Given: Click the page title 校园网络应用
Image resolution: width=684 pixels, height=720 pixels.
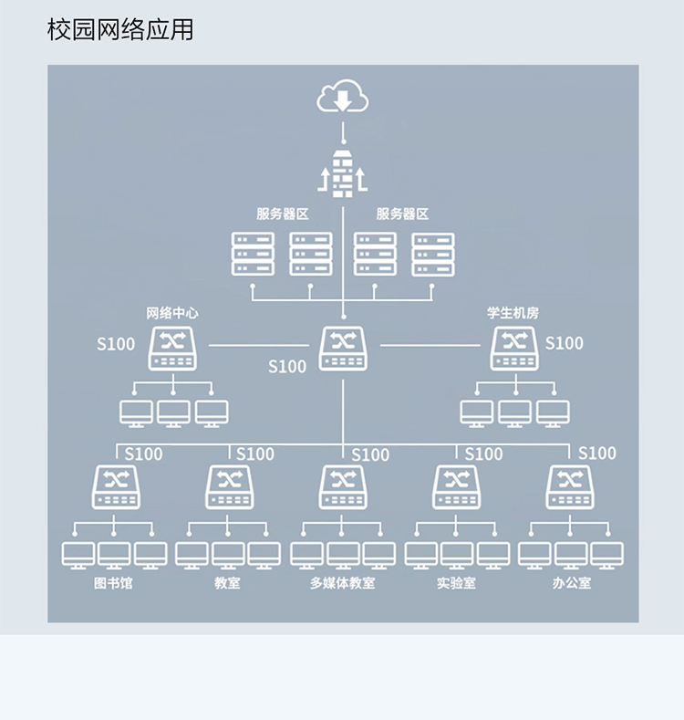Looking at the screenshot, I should tap(120, 29).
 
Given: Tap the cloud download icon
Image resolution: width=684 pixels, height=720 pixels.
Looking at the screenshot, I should tap(342, 97).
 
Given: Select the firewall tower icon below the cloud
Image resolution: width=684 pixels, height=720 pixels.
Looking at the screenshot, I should tap(342, 172).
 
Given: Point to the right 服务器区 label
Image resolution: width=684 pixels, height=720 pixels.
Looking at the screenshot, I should tap(402, 214).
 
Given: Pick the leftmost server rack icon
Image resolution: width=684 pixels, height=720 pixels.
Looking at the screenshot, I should tap(253, 254).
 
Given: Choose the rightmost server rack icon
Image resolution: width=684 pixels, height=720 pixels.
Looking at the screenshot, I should tap(432, 254).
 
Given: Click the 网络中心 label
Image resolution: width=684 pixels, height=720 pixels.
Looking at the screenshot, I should tap(172, 313).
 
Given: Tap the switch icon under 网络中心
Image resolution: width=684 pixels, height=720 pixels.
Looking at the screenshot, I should tap(172, 348).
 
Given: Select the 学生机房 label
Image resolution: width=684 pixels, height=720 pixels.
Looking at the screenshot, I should tap(513, 313).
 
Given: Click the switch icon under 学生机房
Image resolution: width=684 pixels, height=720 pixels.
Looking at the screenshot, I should tap(514, 348).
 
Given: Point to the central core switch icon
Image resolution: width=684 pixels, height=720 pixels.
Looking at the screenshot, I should tap(342, 348).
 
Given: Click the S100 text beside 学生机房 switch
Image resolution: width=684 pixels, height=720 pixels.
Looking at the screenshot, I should tap(564, 343).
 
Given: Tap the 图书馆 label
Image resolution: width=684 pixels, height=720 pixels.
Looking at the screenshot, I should tap(113, 582).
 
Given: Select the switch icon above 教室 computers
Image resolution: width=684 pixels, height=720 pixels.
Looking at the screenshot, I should tap(228, 486).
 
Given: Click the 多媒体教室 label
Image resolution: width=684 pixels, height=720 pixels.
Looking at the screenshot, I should tap(342, 582).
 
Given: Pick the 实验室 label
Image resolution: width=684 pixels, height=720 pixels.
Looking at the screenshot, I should tap(456, 582).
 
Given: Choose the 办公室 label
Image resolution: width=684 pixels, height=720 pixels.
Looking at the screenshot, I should tap(572, 582).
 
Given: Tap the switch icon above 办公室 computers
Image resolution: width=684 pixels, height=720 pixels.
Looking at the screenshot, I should tap(569, 486).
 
